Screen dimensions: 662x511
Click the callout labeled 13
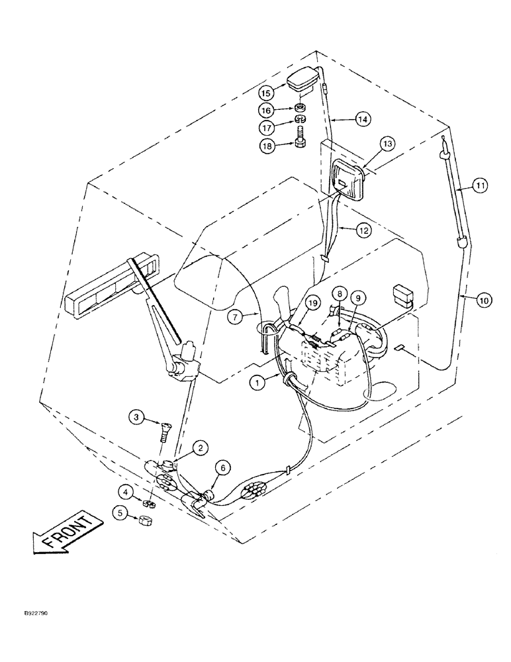[x=387, y=144]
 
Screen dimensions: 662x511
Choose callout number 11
[x=479, y=187]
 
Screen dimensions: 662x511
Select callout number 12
[x=362, y=230]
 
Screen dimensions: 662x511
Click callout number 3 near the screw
[x=136, y=416]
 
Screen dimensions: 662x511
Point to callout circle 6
[x=223, y=467]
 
